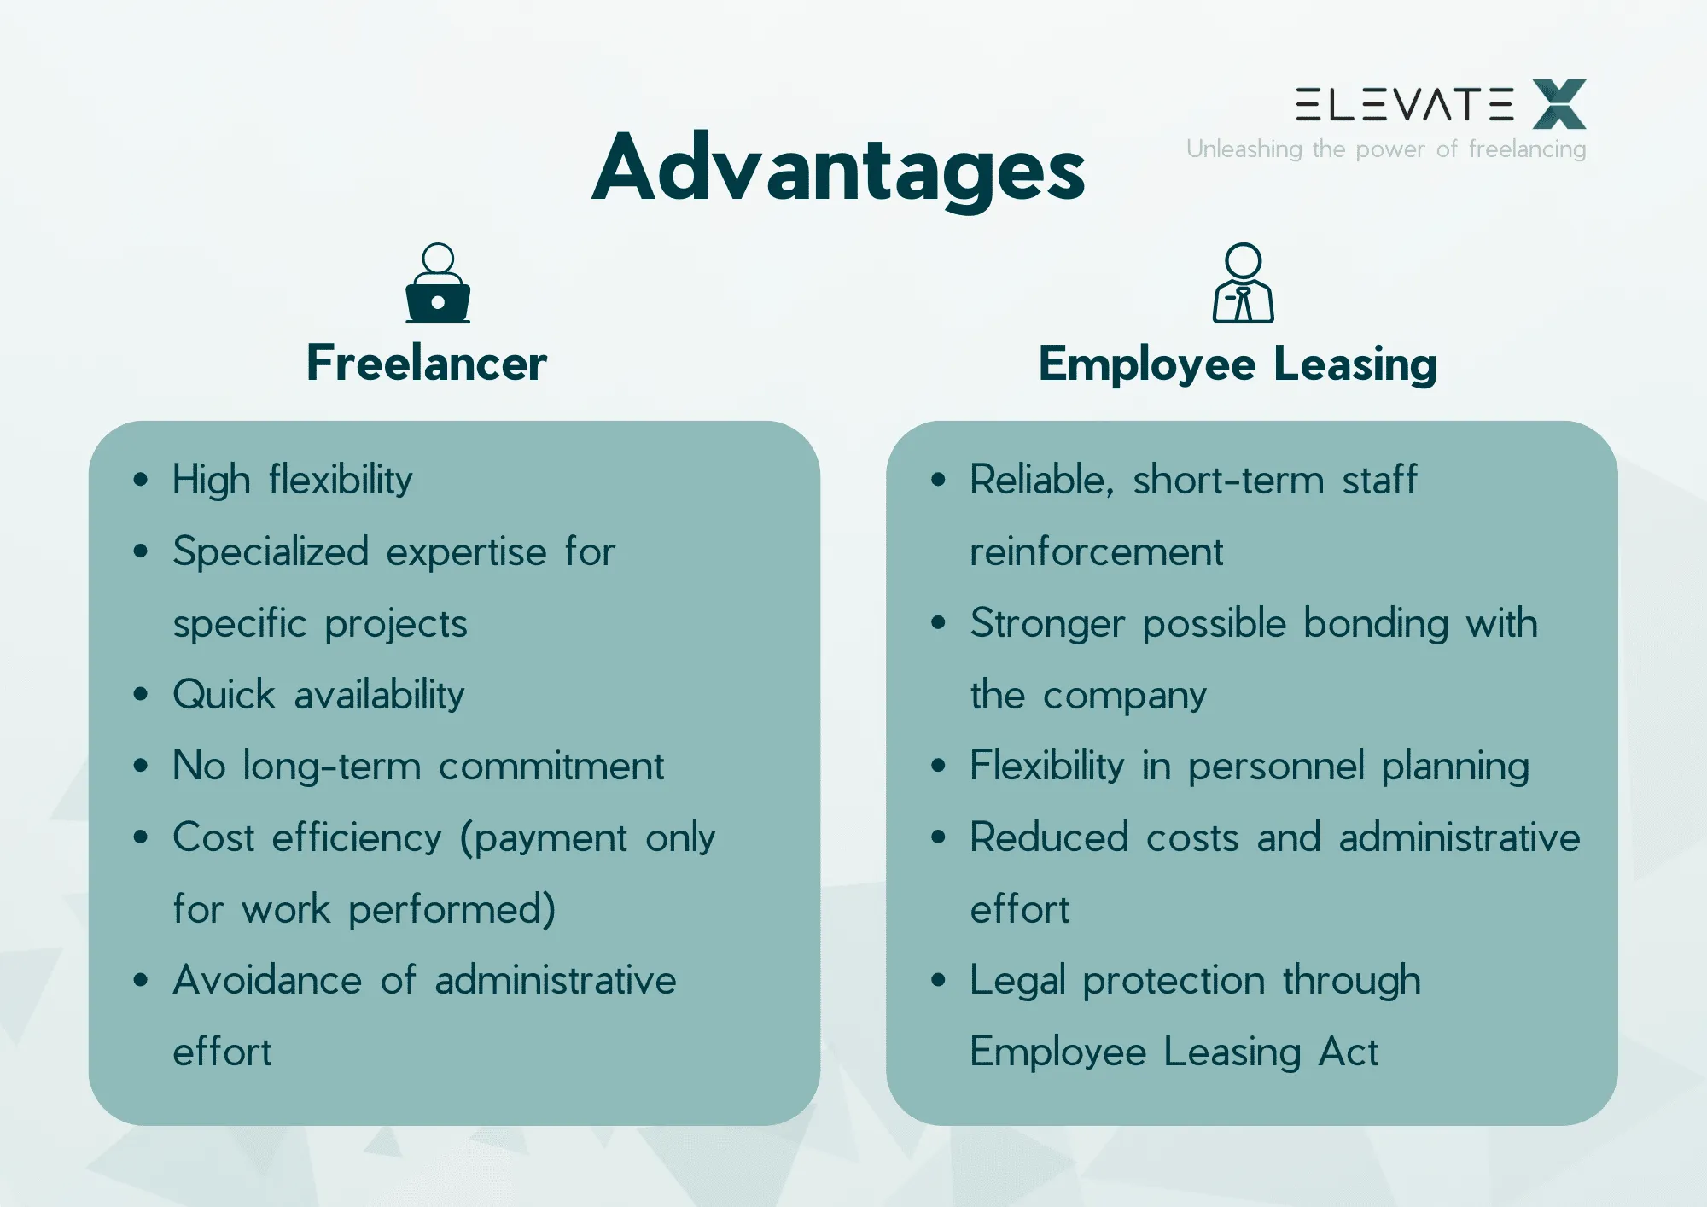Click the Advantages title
click(838, 169)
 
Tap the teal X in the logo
click(1558, 104)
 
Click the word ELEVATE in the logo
click(1404, 104)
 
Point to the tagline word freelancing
click(1527, 149)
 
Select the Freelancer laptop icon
click(438, 283)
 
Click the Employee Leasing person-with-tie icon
click(1243, 283)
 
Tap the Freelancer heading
click(426, 364)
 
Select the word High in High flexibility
click(211, 481)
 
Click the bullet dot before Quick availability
click(141, 694)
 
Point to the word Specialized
click(271, 552)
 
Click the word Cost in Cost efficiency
click(213, 838)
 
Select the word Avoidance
click(267, 981)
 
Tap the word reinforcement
click(1096, 552)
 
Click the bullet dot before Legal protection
click(939, 980)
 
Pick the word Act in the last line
click(1348, 1052)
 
